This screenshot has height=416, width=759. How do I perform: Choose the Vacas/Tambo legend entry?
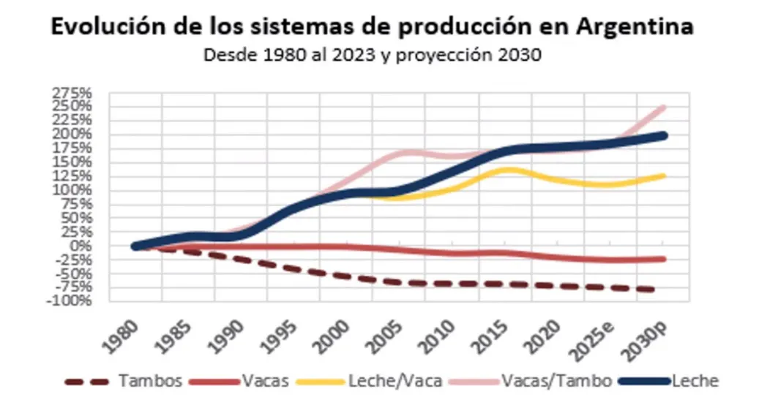[x=556, y=381]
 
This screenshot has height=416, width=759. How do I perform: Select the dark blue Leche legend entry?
[x=695, y=381]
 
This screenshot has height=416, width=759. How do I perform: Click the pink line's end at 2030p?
[x=663, y=107]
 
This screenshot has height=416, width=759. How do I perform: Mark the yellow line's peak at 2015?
[x=507, y=170]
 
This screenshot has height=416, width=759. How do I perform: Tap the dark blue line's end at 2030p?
[x=663, y=135]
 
